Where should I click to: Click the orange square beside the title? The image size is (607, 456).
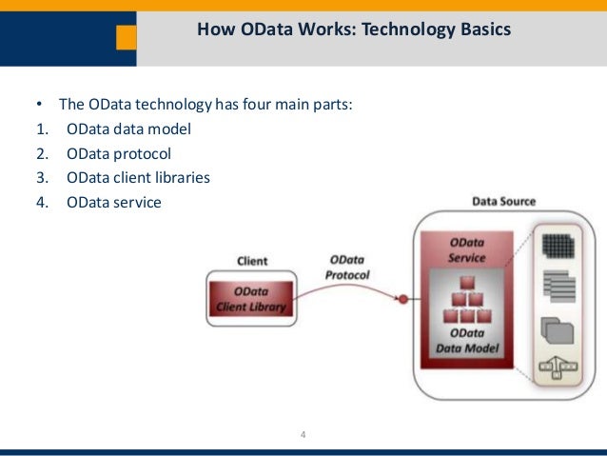point(126,38)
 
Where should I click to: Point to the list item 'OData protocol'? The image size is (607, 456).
point(119,153)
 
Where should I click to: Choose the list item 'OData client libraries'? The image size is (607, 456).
point(138,177)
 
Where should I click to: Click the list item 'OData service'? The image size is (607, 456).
point(114,201)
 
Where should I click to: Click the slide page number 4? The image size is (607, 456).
point(303,436)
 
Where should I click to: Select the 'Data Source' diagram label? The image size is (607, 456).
point(503,202)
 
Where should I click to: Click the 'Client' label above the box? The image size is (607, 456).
point(251,260)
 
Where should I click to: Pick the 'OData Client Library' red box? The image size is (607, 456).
point(249,299)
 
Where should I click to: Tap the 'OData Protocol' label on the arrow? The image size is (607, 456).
point(350,267)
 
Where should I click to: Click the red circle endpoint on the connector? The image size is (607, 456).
point(402,300)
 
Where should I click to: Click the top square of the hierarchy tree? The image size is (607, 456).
point(467,282)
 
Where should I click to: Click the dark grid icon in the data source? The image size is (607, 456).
point(558,246)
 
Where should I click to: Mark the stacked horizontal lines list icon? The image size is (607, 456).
point(558,287)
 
